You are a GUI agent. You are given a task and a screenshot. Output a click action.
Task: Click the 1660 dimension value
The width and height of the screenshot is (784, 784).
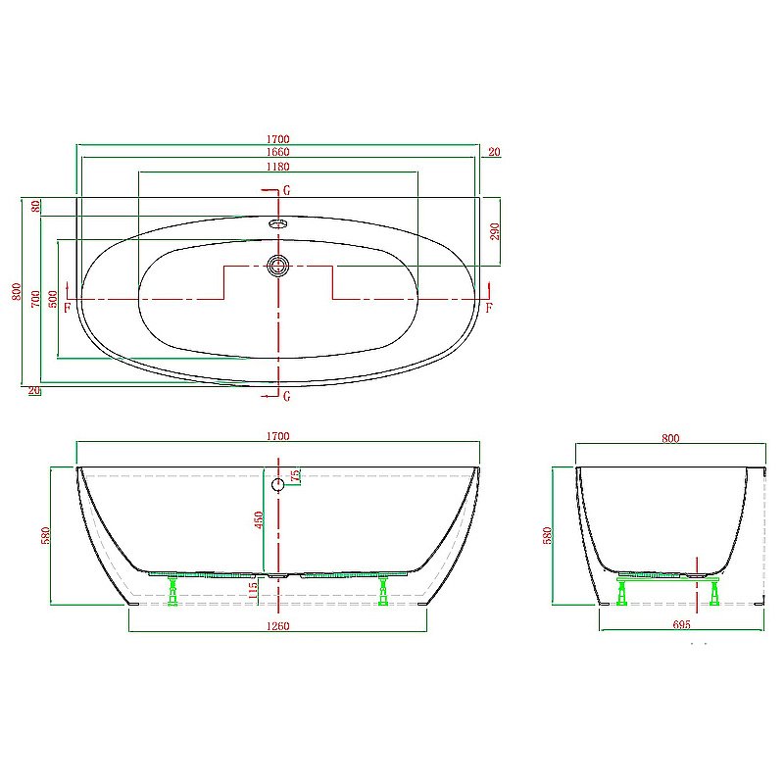[x=277, y=152]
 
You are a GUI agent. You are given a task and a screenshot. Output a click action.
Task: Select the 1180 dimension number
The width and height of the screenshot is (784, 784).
[x=277, y=168]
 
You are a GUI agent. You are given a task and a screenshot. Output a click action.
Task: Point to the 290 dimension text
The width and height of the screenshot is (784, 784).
[x=495, y=230]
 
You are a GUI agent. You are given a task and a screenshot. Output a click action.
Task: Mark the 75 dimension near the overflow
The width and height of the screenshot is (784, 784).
[x=295, y=476]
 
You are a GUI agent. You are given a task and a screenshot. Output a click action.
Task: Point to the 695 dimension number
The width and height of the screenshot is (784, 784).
[x=682, y=624]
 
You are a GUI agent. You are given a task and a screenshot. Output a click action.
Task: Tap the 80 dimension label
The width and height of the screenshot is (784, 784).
[x=35, y=206]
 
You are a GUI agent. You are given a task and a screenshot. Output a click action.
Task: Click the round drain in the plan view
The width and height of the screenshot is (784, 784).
[x=278, y=265]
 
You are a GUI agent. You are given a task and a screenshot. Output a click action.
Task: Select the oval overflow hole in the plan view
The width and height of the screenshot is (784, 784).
[x=278, y=223]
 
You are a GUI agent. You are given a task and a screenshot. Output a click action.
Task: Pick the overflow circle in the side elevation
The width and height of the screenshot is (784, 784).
[x=277, y=484]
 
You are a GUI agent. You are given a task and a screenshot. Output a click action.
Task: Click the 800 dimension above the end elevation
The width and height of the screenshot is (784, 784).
[x=670, y=439]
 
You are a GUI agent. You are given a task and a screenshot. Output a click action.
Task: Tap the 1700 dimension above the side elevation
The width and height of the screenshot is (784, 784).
[x=277, y=436]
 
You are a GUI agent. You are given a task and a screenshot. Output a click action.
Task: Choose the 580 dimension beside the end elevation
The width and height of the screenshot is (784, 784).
[x=548, y=535]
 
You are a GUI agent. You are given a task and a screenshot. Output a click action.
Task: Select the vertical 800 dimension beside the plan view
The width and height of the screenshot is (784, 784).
[x=16, y=291]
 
